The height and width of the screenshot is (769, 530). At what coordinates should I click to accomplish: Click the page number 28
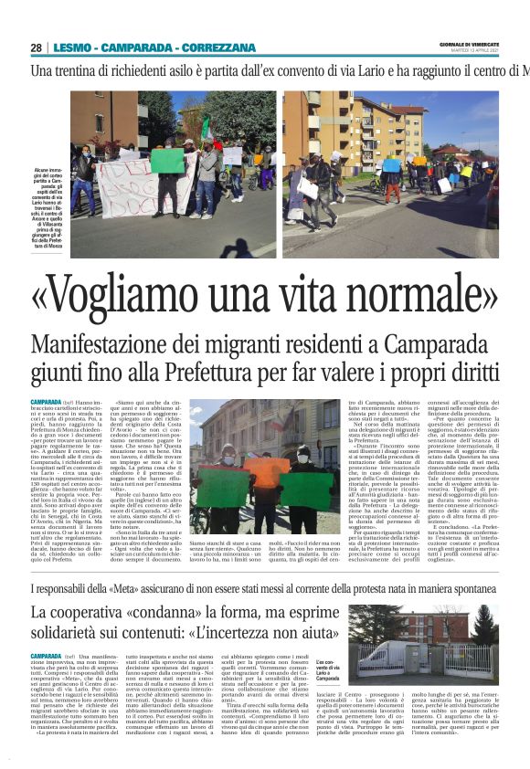point(36,47)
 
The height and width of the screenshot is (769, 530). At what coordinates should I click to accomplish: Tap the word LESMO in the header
point(73,47)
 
